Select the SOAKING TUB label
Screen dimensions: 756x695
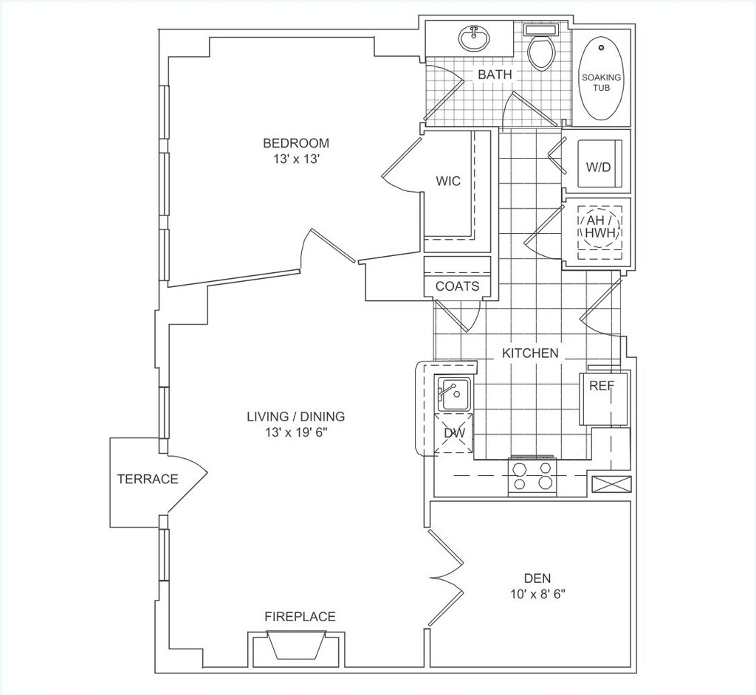(x=602, y=83)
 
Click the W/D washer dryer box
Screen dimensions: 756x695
(x=599, y=167)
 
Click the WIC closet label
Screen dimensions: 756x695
(x=448, y=181)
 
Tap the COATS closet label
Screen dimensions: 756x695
(x=457, y=286)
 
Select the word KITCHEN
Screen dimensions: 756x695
(x=530, y=353)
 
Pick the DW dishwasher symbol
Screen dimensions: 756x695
(x=455, y=433)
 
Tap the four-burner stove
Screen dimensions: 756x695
(x=532, y=475)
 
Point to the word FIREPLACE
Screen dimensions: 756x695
(x=300, y=617)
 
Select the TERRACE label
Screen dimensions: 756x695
(x=148, y=479)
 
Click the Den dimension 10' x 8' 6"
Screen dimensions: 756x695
(x=535, y=593)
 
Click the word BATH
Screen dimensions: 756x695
(x=495, y=75)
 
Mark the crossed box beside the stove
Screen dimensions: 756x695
(x=613, y=485)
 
